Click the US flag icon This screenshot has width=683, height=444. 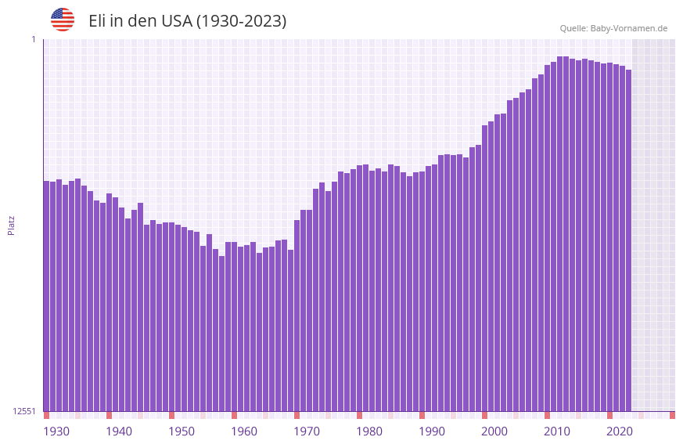point(63,20)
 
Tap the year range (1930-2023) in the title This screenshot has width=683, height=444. point(240,21)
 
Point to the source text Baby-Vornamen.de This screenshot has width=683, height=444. point(628,28)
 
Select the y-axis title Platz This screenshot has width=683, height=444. point(11,225)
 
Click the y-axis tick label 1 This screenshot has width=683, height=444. point(33,39)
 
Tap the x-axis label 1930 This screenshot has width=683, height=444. point(56,431)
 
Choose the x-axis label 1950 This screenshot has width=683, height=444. point(182,431)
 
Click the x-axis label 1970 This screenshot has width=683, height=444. point(307,431)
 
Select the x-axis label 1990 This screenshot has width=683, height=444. point(432,431)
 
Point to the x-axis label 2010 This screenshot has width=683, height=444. point(557,431)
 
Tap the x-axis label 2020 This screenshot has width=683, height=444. point(620,431)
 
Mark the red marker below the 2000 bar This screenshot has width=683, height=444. point(484,415)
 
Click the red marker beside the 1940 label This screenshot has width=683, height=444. point(109,415)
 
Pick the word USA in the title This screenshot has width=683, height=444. point(176,21)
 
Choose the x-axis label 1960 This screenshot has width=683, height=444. point(244,431)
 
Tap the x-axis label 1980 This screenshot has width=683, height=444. point(369,431)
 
